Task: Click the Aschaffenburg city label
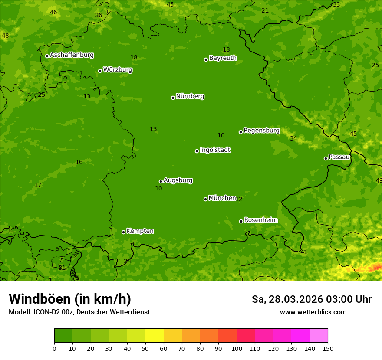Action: pyautogui.click(x=72, y=55)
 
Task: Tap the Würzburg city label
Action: pyautogui.click(x=118, y=70)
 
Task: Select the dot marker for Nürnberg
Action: pyautogui.click(x=173, y=98)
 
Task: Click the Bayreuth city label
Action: pyautogui.click(x=223, y=58)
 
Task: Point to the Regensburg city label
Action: pyautogui.click(x=261, y=131)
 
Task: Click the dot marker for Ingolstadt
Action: pyautogui.click(x=197, y=151)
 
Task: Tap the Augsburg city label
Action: pyautogui.click(x=178, y=180)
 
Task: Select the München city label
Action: pyautogui.click(x=222, y=198)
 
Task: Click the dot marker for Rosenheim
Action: pyautogui.click(x=241, y=221)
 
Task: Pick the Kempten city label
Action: pyautogui.click(x=140, y=231)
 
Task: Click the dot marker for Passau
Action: pyautogui.click(x=326, y=158)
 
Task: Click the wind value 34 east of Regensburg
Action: pyautogui.click(x=293, y=138)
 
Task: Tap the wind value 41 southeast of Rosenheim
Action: pyautogui.click(x=304, y=252)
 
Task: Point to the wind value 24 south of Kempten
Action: pyautogui.click(x=127, y=261)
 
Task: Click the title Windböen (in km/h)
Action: pyautogui.click(x=70, y=299)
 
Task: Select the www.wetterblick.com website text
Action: pyautogui.click(x=313, y=312)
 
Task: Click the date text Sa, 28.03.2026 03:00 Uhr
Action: pyautogui.click(x=311, y=299)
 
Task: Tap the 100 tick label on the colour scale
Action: pyautogui.click(x=237, y=348)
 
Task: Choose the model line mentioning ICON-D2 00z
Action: pyautogui.click(x=79, y=312)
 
